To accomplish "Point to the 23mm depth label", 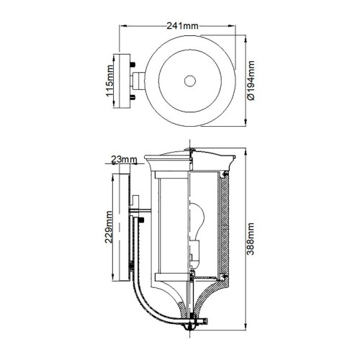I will pos(124,159).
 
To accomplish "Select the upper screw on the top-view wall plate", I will pos(133,64).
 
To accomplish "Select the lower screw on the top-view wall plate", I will pos(133,96).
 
